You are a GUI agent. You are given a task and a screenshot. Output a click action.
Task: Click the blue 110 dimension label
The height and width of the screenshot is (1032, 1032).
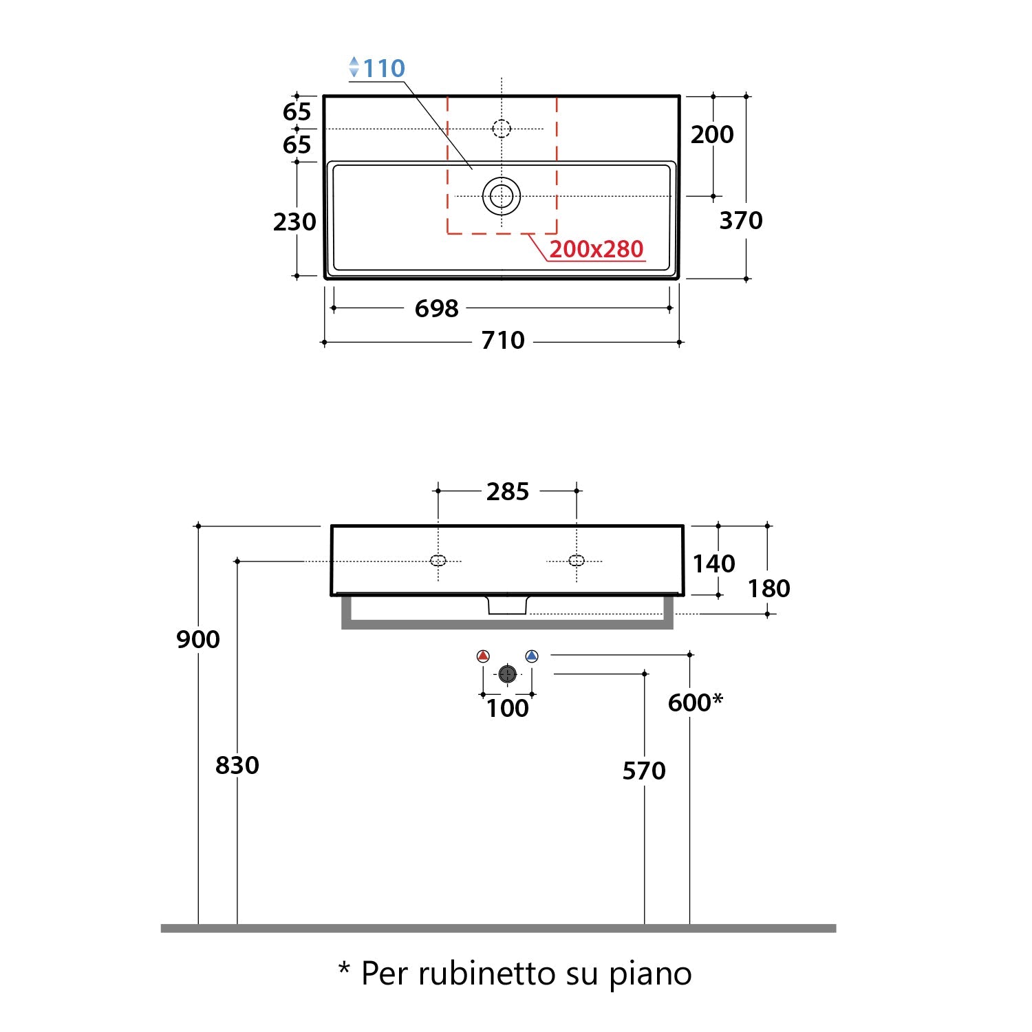tap(383, 68)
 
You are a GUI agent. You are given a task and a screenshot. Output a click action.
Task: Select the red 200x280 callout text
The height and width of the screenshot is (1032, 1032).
tap(596, 249)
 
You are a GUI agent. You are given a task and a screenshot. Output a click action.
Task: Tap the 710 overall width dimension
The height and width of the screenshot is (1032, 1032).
tap(503, 340)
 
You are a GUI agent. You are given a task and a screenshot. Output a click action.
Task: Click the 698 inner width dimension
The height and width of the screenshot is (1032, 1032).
tap(436, 308)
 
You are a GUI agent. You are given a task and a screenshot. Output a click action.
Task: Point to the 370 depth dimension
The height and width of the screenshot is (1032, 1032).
tap(741, 220)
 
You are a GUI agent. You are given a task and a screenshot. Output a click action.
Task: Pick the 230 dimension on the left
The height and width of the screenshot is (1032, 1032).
tap(294, 222)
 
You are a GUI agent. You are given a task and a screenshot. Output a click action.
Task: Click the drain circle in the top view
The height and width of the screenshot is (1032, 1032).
tap(502, 196)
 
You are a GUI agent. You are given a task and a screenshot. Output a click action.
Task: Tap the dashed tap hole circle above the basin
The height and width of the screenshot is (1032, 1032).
tap(502, 128)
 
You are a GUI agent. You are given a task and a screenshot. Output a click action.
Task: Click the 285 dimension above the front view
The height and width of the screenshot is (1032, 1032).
tap(508, 491)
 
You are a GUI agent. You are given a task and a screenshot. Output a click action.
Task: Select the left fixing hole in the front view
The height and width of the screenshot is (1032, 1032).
tap(438, 560)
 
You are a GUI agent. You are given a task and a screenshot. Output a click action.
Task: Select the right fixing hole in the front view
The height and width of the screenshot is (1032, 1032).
tap(577, 560)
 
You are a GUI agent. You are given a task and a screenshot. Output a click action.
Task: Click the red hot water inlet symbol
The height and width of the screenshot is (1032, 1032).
tap(483, 656)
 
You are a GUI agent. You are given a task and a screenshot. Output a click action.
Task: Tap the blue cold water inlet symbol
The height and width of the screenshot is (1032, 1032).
tap(531, 656)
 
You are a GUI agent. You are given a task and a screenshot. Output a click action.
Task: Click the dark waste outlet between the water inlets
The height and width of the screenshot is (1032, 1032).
tap(507, 674)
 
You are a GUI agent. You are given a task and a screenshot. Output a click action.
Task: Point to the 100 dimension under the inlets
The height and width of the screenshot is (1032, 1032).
tap(508, 708)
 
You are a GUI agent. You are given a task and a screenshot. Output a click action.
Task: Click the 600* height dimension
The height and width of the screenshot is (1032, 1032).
tap(695, 702)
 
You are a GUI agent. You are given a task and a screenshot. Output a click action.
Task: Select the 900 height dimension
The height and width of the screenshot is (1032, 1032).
tap(198, 639)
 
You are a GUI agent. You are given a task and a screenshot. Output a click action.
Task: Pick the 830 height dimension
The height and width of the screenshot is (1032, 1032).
tap(237, 765)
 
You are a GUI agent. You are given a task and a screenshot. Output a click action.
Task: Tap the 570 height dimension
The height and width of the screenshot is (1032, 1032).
tap(644, 771)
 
